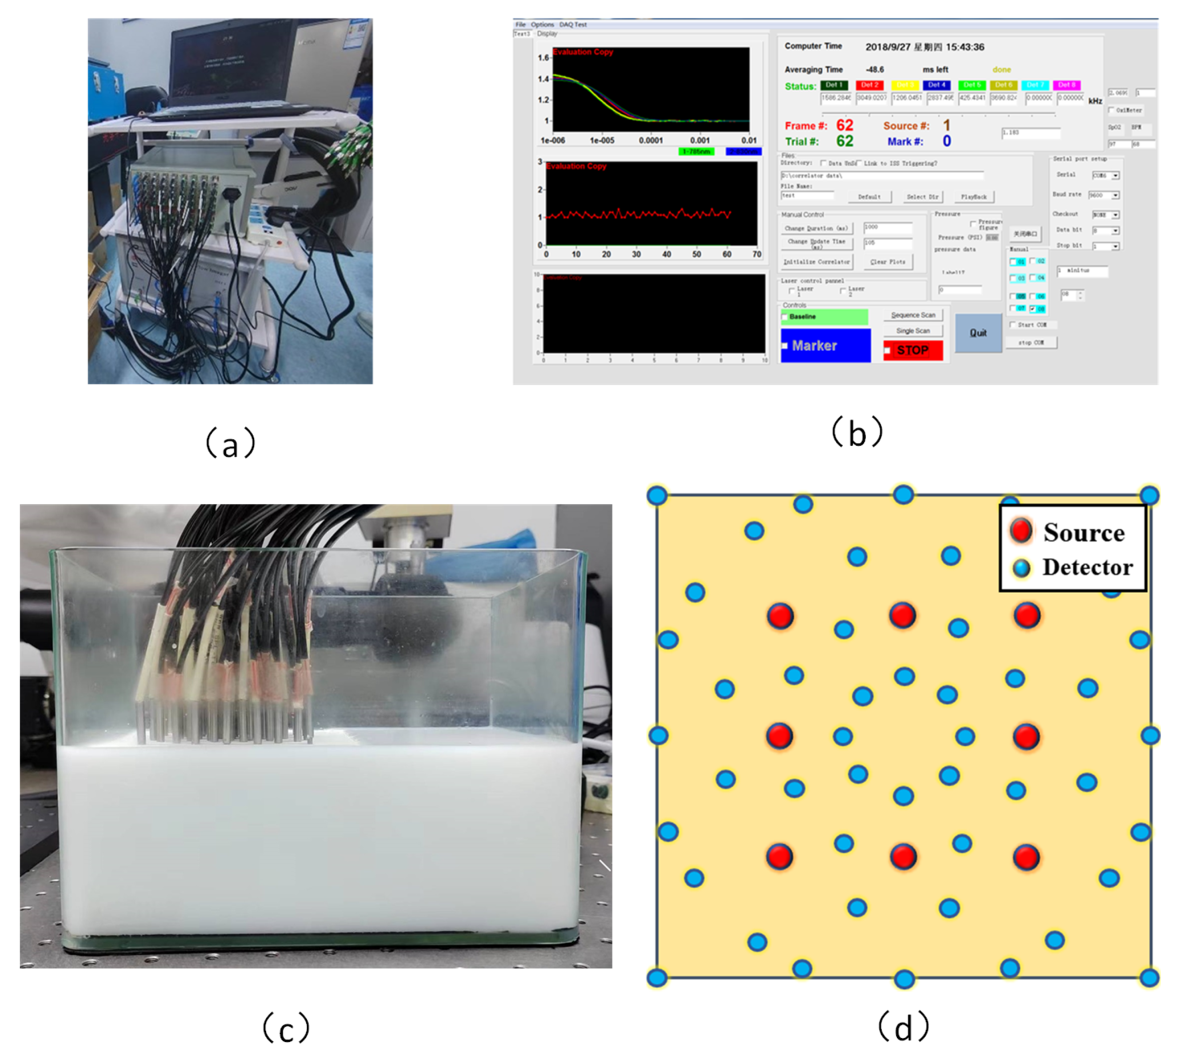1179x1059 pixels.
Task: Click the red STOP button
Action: pos(912,350)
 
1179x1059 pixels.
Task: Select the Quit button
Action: pos(978,333)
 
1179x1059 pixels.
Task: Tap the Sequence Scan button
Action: pos(912,315)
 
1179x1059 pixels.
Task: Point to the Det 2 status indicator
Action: pos(870,86)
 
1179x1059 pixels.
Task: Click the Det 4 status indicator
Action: pos(936,86)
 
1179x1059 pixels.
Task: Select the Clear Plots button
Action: pos(887,263)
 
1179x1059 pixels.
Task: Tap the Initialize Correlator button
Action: pos(816,263)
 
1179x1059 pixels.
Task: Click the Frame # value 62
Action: pos(845,126)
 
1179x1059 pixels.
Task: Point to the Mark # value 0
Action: pos(946,141)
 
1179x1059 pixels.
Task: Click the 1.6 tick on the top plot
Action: pos(543,58)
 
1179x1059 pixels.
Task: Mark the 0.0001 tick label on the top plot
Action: pos(651,141)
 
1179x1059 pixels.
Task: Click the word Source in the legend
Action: pos(1083,533)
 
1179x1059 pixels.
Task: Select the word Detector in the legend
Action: pos(1087,568)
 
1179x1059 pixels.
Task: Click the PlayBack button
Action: pos(974,197)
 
